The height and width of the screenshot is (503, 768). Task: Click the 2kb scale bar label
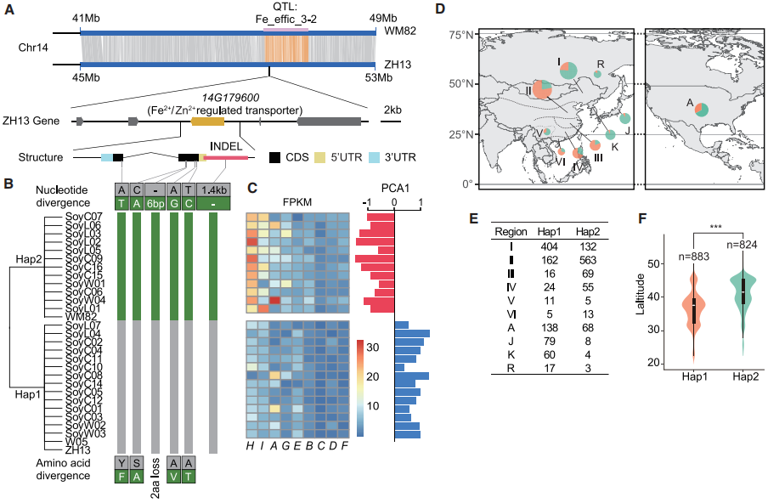point(392,110)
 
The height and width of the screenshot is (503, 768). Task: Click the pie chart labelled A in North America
point(701,109)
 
